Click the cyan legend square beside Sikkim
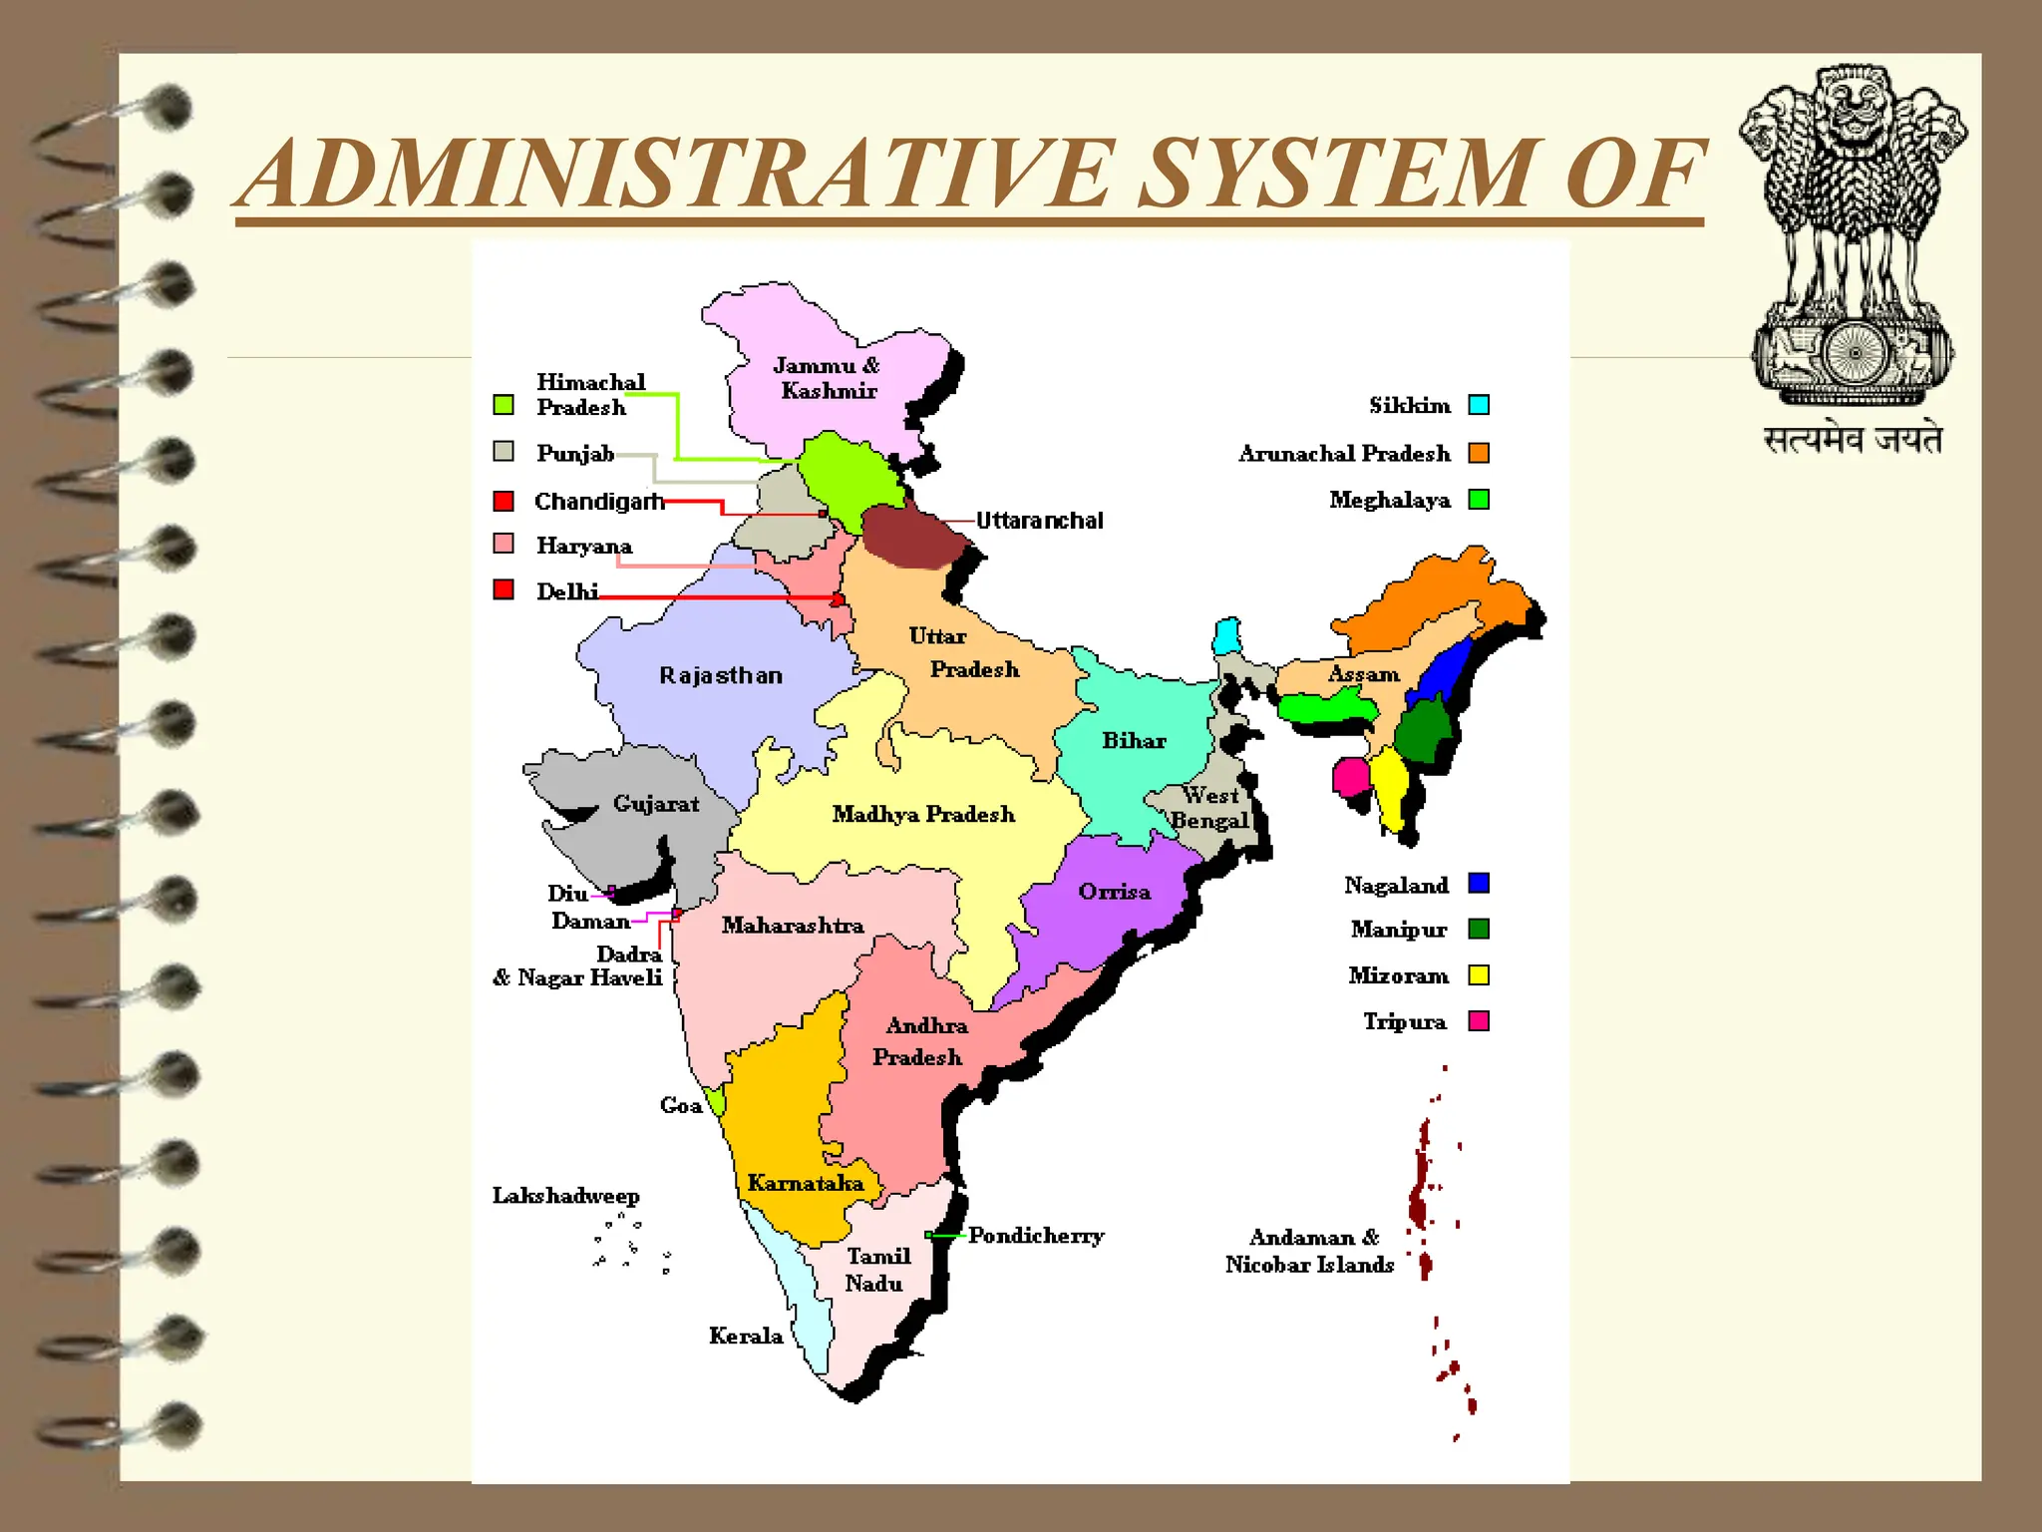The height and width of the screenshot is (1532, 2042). [x=1479, y=404]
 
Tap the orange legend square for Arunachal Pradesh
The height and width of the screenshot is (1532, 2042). [x=1479, y=453]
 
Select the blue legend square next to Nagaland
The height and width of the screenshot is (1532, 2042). [x=1479, y=883]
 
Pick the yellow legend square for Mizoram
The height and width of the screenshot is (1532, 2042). [x=1479, y=974]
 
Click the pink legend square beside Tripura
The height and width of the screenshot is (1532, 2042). [x=1479, y=1020]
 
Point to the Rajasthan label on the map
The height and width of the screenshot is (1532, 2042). [x=721, y=675]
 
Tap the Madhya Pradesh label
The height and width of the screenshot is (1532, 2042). [x=923, y=814]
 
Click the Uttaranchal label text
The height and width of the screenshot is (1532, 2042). [x=1039, y=520]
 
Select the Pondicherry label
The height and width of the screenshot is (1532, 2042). [x=1036, y=1235]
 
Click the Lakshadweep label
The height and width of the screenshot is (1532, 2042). [x=565, y=1195]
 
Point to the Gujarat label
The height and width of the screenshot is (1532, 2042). [x=655, y=803]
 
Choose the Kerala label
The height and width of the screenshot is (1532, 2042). [x=745, y=1336]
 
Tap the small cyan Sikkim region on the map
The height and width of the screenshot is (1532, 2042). [x=1227, y=635]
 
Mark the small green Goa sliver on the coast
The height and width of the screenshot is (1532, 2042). [x=715, y=1101]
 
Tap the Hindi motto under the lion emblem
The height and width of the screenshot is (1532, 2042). [x=1853, y=439]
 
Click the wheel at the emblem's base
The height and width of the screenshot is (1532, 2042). [x=1855, y=352]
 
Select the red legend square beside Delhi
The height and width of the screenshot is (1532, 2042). [x=504, y=589]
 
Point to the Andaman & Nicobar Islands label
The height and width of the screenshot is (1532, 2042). [x=1309, y=1251]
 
